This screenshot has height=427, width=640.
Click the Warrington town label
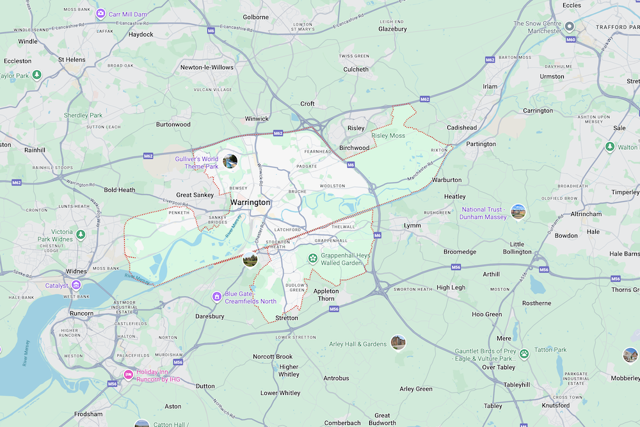point(250,202)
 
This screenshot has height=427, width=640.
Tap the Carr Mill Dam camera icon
point(100,13)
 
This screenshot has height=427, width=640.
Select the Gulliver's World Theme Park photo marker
point(230,161)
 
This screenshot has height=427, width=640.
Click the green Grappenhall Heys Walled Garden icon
point(312,259)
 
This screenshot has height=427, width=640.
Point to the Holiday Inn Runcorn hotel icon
point(128,374)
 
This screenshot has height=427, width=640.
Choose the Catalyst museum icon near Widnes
point(76,285)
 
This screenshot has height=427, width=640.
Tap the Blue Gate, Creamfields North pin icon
point(217,296)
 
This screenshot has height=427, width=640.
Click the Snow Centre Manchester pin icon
point(569,26)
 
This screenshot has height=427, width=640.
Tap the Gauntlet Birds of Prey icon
point(524,353)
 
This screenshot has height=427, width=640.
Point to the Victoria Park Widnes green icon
point(81,235)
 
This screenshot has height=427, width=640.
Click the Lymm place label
point(412,225)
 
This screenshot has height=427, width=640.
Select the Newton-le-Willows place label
point(207,67)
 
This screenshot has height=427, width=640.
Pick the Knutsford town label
point(555,405)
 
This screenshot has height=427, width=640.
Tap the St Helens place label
point(72,60)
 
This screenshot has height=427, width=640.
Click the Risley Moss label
point(388,136)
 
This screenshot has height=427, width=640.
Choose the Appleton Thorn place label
point(326,295)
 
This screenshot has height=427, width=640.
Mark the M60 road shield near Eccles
point(572,39)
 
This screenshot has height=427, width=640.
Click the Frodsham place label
point(88,414)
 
